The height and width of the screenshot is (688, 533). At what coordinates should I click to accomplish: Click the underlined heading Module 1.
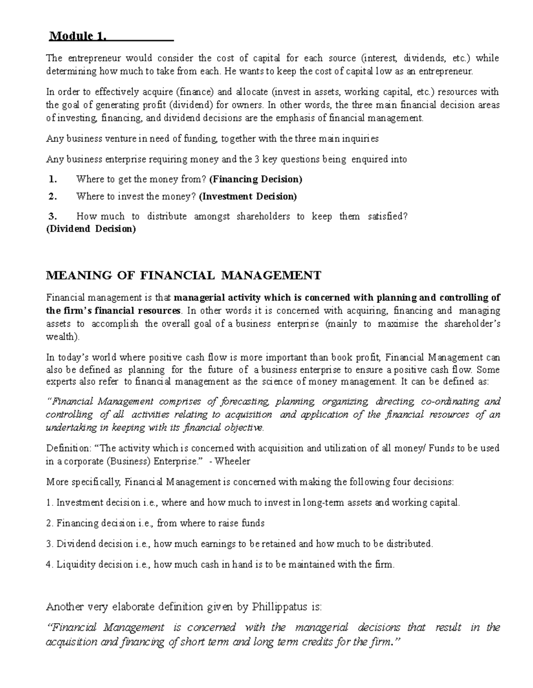pyautogui.click(x=78, y=36)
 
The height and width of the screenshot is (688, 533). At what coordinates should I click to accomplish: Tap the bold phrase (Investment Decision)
pyautogui.click(x=248, y=196)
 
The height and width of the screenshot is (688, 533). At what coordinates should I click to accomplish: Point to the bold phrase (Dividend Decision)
pyautogui.click(x=91, y=229)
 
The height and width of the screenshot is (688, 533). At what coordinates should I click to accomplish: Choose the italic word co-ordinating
pyautogui.click(x=449, y=402)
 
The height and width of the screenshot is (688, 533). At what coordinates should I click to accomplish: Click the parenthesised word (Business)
pyautogui.click(x=128, y=461)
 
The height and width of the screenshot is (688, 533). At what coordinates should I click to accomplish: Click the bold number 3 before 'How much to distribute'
pyautogui.click(x=53, y=216)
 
